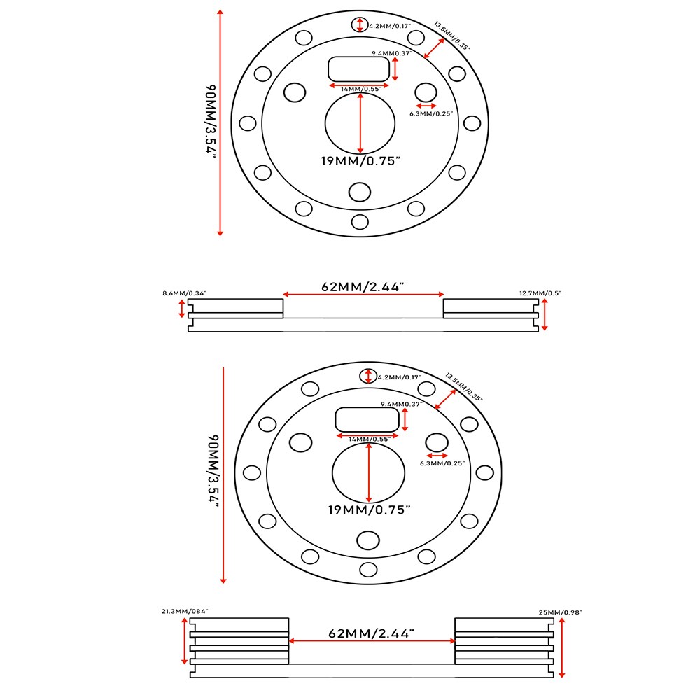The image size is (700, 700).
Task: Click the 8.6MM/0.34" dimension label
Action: (x=184, y=293)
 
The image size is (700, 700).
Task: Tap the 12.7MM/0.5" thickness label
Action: (x=540, y=293)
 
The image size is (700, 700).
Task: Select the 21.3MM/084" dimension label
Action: (x=185, y=611)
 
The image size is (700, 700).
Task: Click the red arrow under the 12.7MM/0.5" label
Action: (x=545, y=314)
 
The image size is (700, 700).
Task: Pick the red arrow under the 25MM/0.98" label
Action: (x=563, y=648)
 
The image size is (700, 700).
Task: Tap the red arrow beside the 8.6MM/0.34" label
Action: (x=183, y=309)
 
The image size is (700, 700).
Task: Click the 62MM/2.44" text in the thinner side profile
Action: (x=363, y=286)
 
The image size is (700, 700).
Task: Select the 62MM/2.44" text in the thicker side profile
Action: (x=372, y=633)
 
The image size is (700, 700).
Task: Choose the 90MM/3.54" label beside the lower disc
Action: (x=213, y=473)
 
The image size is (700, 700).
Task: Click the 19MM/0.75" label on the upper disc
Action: (x=360, y=161)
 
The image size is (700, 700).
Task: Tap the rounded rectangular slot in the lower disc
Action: (x=367, y=419)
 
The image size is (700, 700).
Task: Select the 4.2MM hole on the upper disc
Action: (x=360, y=24)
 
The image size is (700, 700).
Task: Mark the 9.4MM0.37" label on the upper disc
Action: (x=391, y=53)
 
